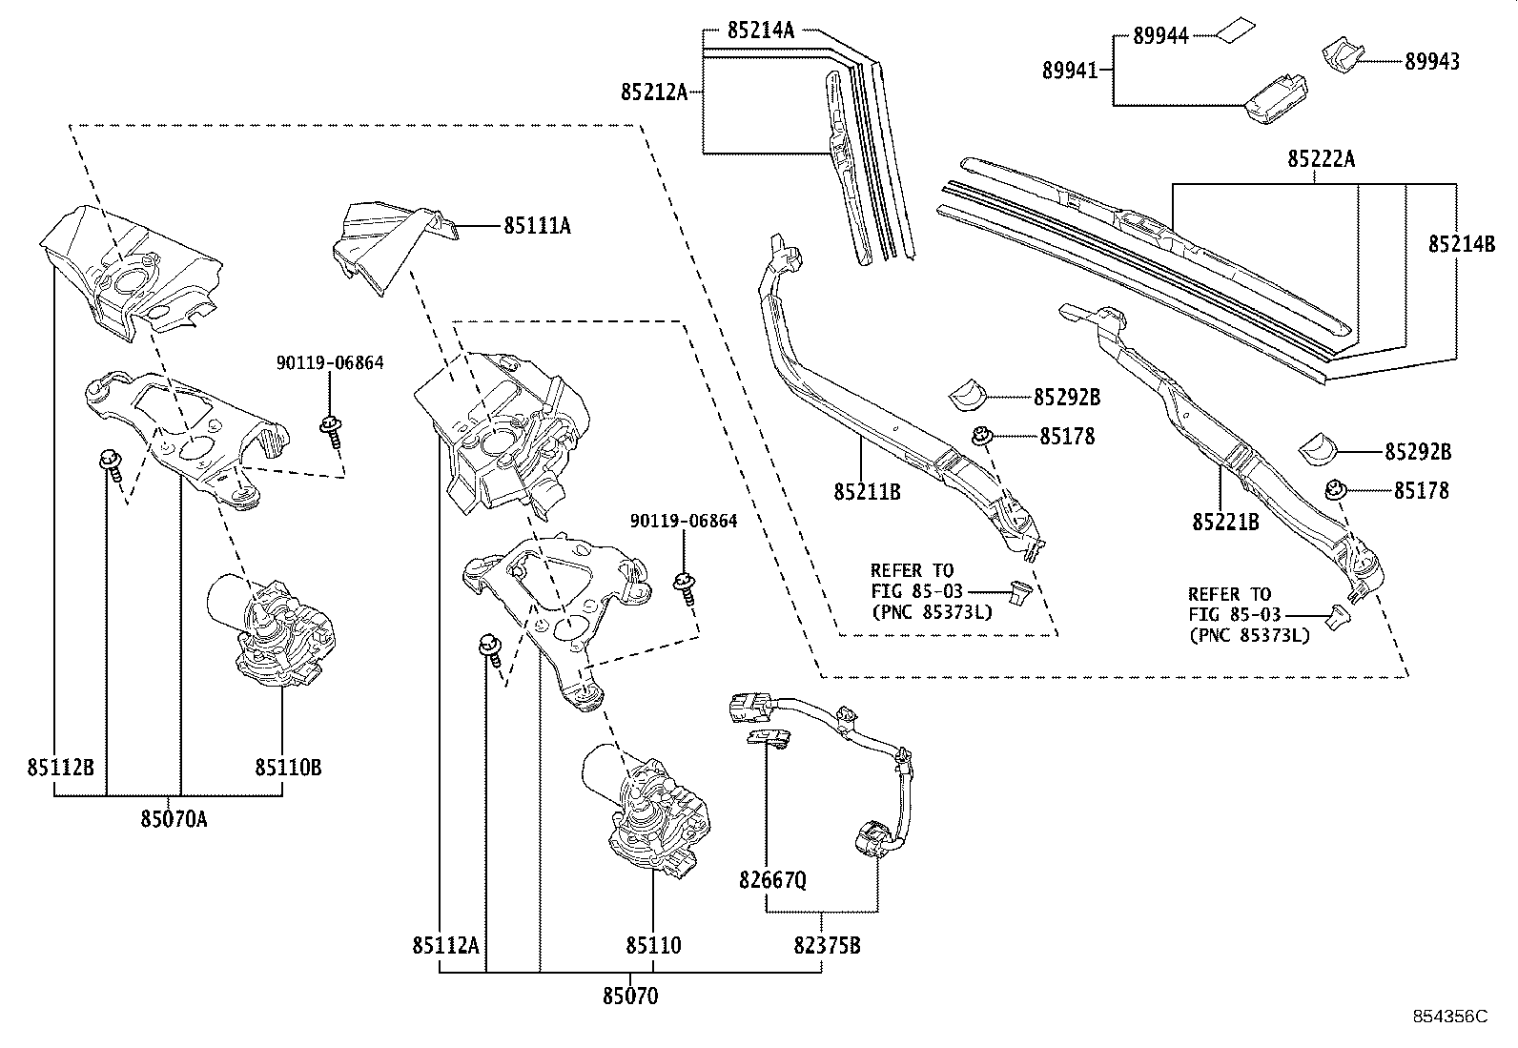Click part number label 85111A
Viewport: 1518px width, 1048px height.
point(538,227)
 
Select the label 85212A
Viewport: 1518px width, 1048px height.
point(654,92)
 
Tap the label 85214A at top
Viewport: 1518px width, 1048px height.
point(760,30)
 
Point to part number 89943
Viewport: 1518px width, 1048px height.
point(1431,62)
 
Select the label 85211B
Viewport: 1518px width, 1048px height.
point(867,493)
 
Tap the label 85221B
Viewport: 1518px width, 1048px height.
point(1225,522)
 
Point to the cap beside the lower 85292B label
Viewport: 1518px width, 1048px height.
point(1321,448)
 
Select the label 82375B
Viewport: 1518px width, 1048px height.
point(828,945)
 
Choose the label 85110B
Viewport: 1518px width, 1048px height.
point(287,767)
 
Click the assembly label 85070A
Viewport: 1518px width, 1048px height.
point(174,818)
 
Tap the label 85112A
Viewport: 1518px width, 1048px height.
point(445,945)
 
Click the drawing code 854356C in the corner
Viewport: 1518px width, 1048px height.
point(1449,1017)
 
